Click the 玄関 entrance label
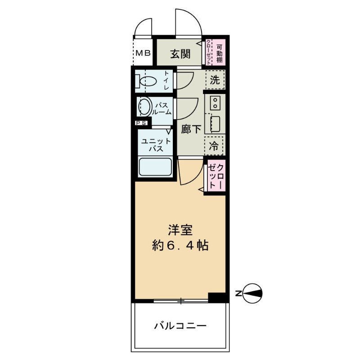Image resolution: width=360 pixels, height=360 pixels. coord(180,54)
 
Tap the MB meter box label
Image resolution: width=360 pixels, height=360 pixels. coord(144,53)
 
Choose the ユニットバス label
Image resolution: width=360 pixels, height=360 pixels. coord(155,145)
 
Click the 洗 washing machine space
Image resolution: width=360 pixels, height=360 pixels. coord(215,81)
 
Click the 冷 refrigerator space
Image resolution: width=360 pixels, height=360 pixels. coord(215,145)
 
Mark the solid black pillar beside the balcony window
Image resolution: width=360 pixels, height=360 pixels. coord(216,297)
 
